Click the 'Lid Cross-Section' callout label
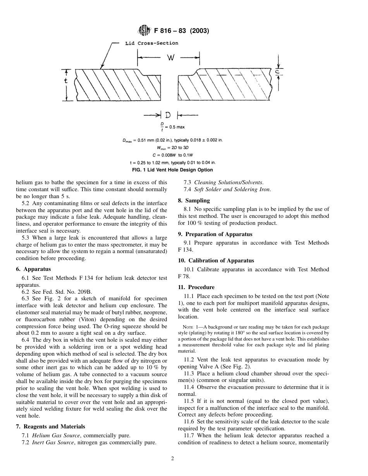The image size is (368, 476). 151,43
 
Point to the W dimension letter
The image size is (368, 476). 171,58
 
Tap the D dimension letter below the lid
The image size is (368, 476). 168,115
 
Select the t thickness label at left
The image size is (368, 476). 66,81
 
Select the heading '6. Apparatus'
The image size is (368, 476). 33,269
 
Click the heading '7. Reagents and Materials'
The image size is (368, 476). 50,426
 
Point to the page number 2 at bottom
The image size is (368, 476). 173,459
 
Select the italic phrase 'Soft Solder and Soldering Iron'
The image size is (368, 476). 232,189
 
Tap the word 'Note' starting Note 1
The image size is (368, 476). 187,327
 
